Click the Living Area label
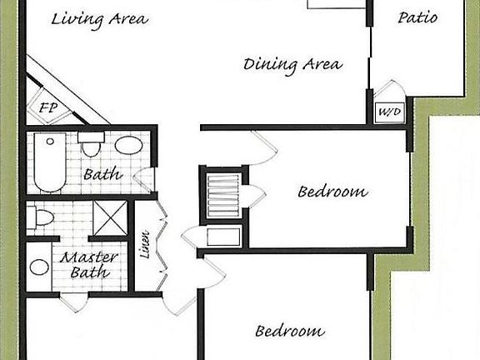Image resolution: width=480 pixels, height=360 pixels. (x=99, y=18)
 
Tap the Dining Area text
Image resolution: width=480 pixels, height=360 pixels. (x=292, y=64)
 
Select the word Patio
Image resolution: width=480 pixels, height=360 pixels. (x=417, y=17)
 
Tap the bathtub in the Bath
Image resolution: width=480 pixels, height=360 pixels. (x=47, y=162)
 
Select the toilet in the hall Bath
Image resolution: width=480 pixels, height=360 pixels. (x=91, y=147)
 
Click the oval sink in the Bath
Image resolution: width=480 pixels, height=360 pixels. (x=128, y=146)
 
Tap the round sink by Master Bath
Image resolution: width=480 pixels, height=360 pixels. (x=39, y=267)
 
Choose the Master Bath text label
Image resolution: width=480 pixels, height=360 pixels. (x=88, y=265)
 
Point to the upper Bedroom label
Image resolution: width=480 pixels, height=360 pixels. (x=332, y=192)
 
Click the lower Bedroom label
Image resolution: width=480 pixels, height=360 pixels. (x=289, y=331)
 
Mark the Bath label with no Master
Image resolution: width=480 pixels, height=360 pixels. (x=103, y=175)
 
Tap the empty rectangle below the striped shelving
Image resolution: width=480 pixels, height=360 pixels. (x=223, y=237)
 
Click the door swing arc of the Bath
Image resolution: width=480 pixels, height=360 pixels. (x=146, y=178)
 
